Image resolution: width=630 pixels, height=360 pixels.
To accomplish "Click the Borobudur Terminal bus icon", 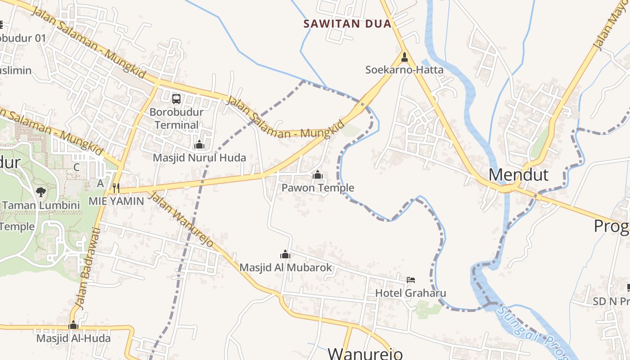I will [176, 99].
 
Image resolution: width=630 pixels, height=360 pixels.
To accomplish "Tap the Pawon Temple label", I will [318, 188].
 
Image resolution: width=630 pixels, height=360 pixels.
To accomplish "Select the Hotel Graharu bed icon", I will [410, 280].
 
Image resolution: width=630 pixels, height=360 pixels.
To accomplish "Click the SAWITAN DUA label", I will [347, 23].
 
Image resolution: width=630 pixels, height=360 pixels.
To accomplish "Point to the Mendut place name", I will [518, 175].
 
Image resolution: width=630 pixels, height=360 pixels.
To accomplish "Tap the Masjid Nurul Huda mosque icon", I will [199, 144].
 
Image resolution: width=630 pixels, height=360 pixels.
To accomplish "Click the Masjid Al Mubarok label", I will [285, 267].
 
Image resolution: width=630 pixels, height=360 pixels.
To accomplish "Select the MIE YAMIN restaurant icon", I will [116, 187].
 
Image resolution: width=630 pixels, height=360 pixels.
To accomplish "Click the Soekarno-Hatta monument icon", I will [404, 57].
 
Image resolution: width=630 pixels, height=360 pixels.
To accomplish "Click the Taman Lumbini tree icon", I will [41, 192].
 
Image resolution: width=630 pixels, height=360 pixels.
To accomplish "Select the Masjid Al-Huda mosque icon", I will [73, 325].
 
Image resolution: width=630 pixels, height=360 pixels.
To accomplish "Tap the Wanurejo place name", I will [364, 353].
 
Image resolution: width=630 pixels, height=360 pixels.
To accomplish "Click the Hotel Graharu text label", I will [410, 293].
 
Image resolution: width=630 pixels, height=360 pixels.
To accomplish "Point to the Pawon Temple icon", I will [317, 174].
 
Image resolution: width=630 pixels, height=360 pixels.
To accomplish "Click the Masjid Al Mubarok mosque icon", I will [285, 254].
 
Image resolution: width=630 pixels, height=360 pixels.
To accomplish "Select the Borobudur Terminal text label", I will [176, 118].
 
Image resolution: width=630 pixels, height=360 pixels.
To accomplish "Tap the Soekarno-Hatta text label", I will [404, 70].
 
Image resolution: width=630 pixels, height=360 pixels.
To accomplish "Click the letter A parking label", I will [100, 183].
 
